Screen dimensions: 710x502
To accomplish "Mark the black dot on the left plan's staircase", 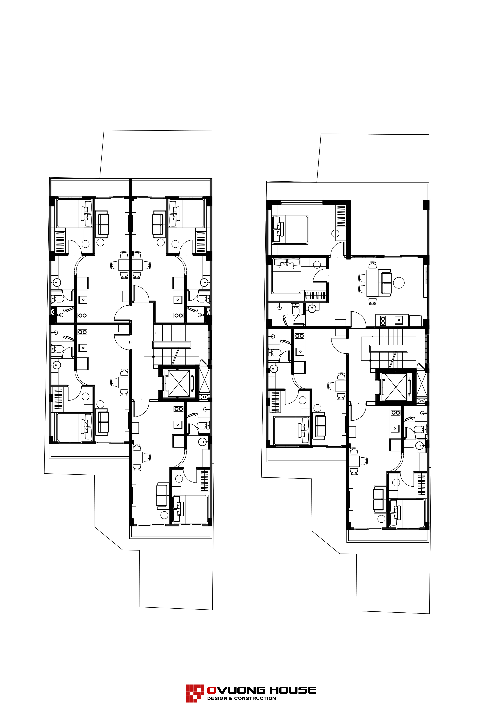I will click(154, 357).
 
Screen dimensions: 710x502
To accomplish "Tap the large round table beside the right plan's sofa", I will click(399, 283).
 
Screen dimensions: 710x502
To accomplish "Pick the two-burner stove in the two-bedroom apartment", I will click(383, 321).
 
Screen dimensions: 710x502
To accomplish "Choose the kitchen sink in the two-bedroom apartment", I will click(399, 320).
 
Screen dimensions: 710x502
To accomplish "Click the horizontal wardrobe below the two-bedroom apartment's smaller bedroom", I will click(315, 296).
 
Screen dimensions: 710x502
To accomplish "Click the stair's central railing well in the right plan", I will click(388, 349).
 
